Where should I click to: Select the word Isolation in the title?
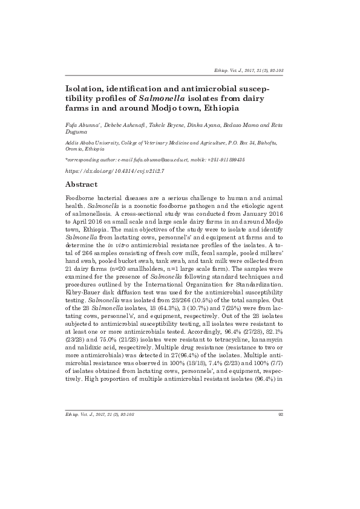(87, 87)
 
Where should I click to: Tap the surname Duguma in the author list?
(77, 132)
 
